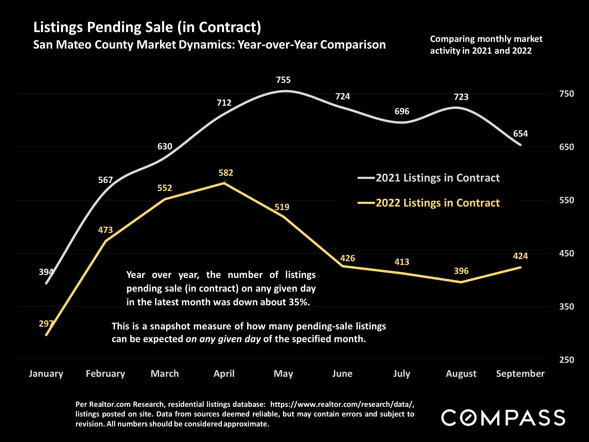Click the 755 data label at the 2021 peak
pyautogui.click(x=283, y=80)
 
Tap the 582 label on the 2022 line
pyautogui.click(x=226, y=173)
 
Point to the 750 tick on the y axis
pyautogui.click(x=566, y=94)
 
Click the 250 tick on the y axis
pyautogui.click(x=566, y=360)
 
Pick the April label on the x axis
pyautogui.click(x=224, y=374)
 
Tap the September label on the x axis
pyautogui.click(x=520, y=374)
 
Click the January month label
pyautogui.click(x=46, y=374)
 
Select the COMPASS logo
pyautogui.click(x=503, y=417)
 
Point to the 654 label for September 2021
pyautogui.click(x=520, y=133)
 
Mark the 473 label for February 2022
pyautogui.click(x=106, y=230)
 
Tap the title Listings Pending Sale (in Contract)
pyautogui.click(x=147, y=27)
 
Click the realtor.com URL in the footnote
pyautogui.click(x=342, y=405)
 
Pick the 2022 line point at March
pyautogui.click(x=165, y=199)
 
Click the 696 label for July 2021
pyautogui.click(x=402, y=111)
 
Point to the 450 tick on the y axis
pyautogui.click(x=566, y=253)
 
